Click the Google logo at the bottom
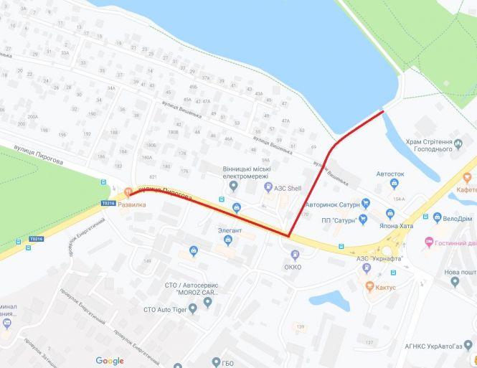pyautogui.click(x=110, y=361)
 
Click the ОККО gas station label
pyautogui.click(x=293, y=267)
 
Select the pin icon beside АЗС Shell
pyautogui.click(x=268, y=188)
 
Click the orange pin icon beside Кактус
pyautogui.click(x=370, y=286)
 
